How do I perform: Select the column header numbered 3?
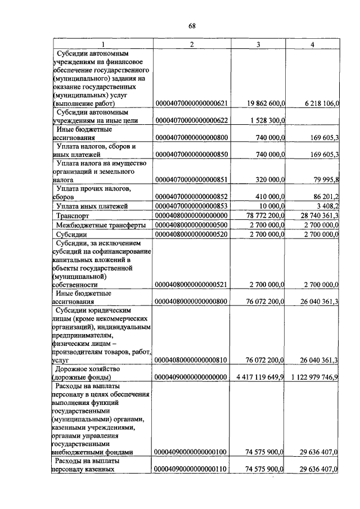tap(258, 44)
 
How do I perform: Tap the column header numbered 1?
tap(102, 44)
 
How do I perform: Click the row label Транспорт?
tap(74, 215)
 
